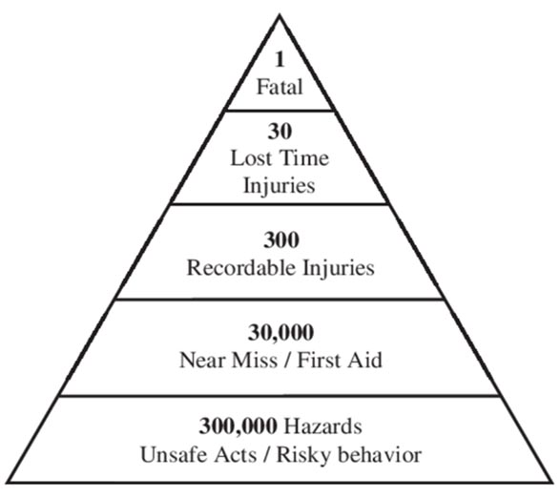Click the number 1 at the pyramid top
click(x=280, y=59)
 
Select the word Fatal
click(x=280, y=87)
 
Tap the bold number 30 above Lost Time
click(x=280, y=131)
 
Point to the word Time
click(x=304, y=158)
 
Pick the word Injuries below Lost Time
click(x=280, y=186)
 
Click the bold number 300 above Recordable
click(x=281, y=239)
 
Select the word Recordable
click(x=241, y=267)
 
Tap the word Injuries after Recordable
click(x=339, y=268)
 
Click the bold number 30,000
click(x=280, y=333)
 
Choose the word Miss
click(x=255, y=360)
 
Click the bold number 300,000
click(x=238, y=425)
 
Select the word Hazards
click(x=322, y=425)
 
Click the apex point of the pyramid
click(x=280, y=15)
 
